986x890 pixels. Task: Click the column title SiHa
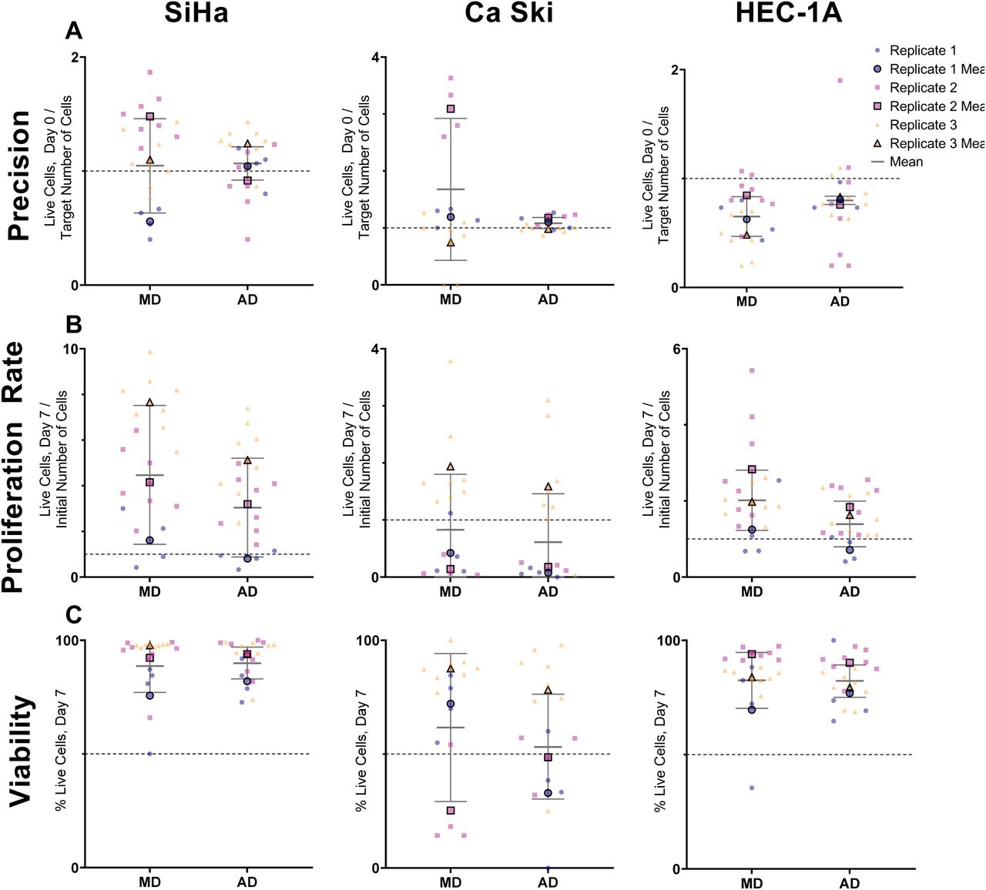[196, 13]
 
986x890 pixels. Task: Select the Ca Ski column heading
[508, 13]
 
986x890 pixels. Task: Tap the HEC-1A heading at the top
[788, 13]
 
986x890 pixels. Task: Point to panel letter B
[74, 324]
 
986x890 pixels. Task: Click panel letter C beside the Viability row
[74, 615]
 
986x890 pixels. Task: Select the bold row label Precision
[19, 176]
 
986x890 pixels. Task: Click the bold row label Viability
[21, 751]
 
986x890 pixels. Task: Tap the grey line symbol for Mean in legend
[877, 162]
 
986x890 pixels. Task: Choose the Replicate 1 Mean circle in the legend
[877, 69]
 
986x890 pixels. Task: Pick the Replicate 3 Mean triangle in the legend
[877, 143]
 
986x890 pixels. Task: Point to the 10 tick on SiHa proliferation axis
[70, 350]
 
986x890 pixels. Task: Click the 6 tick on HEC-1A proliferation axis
[676, 350]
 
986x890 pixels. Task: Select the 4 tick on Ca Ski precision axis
[374, 58]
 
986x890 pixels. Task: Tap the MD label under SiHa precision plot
[150, 299]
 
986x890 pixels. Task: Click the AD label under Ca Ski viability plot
[548, 882]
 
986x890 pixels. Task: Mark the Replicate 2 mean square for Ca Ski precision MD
[451, 109]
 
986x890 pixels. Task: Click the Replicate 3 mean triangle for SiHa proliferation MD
[150, 403]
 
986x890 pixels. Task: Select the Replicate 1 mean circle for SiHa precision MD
[150, 222]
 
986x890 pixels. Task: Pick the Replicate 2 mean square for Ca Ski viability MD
[451, 811]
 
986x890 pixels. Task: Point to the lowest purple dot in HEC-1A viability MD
[752, 788]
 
